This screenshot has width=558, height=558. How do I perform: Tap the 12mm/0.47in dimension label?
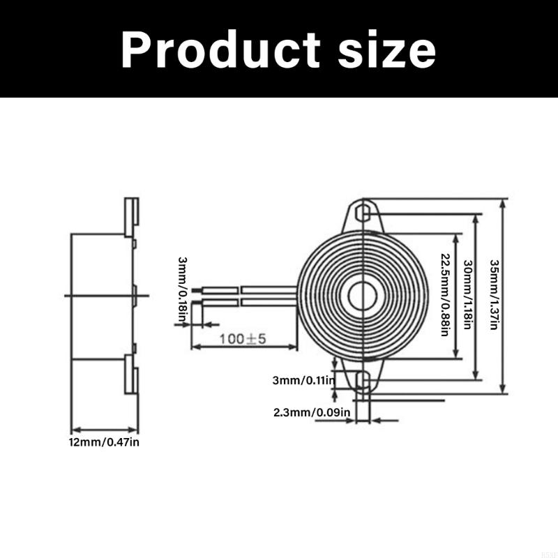coord(105,442)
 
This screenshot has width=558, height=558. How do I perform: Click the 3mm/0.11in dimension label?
coord(304,380)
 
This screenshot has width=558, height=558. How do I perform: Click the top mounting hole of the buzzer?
coord(362,211)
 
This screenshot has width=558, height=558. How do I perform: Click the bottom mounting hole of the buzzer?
coord(362,380)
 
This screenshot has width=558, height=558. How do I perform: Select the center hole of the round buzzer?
coord(362,296)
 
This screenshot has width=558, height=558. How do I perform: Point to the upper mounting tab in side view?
coord(131,216)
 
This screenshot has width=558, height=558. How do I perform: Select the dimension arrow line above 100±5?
coord(244,347)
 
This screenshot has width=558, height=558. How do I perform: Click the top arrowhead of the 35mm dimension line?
coord(503,202)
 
